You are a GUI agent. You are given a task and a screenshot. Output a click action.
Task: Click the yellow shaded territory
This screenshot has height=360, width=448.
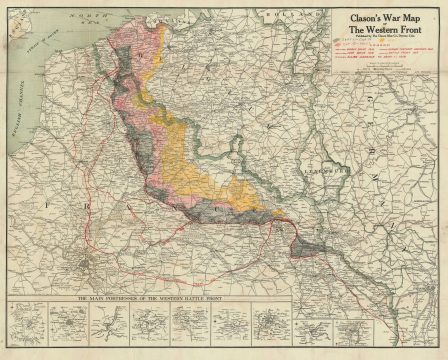pyautogui.click(x=195, y=160)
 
